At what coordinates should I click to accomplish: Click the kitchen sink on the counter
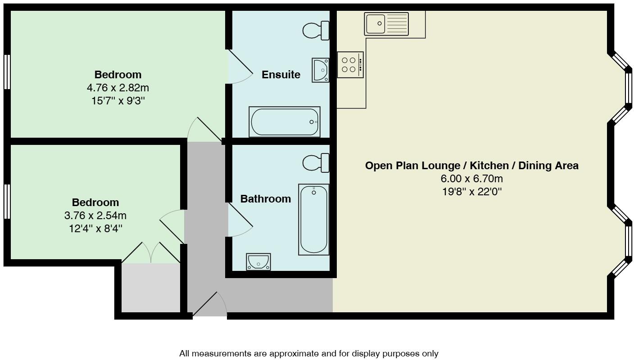[386, 24]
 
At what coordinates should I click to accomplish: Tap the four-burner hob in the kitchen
[350, 65]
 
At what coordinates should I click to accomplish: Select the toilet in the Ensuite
[316, 31]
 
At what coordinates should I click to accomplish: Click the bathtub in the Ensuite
[285, 121]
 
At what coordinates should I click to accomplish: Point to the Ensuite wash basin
[321, 70]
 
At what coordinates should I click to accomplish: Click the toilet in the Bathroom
[316, 163]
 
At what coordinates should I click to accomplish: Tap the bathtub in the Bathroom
[313, 219]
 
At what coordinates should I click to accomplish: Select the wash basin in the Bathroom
[258, 261]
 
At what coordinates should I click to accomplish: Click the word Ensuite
[281, 75]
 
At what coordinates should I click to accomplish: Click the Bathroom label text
[265, 199]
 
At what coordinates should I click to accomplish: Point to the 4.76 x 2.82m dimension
[118, 88]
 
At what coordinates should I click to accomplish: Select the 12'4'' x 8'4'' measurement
[95, 229]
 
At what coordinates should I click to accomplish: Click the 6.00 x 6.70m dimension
[471, 179]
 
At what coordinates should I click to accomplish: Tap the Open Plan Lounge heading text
[471, 166]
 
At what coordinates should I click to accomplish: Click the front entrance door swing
[212, 306]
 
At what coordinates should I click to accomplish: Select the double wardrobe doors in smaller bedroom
[151, 253]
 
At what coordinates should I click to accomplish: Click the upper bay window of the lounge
[624, 88]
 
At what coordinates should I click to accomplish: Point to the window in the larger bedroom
[7, 72]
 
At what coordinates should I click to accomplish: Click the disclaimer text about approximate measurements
[308, 354]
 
